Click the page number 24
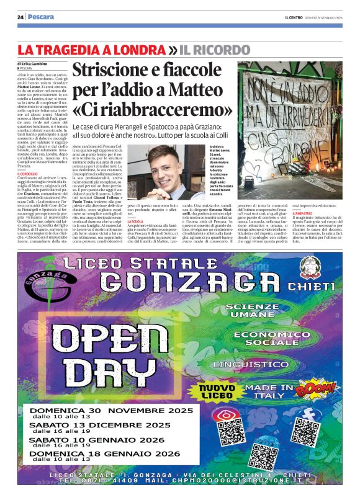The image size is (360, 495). (x=20, y=17)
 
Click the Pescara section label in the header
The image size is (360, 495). (x=42, y=17)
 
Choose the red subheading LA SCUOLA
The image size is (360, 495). (x=135, y=230)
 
